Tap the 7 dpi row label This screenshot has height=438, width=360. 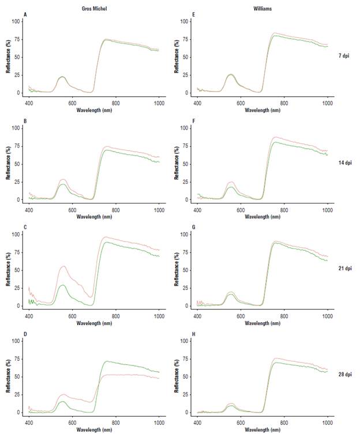[345, 55]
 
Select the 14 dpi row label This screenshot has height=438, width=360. [345, 163]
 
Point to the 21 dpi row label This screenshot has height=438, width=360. [345, 269]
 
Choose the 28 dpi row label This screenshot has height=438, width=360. [345, 375]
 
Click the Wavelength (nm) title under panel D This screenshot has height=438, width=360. [93, 429]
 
